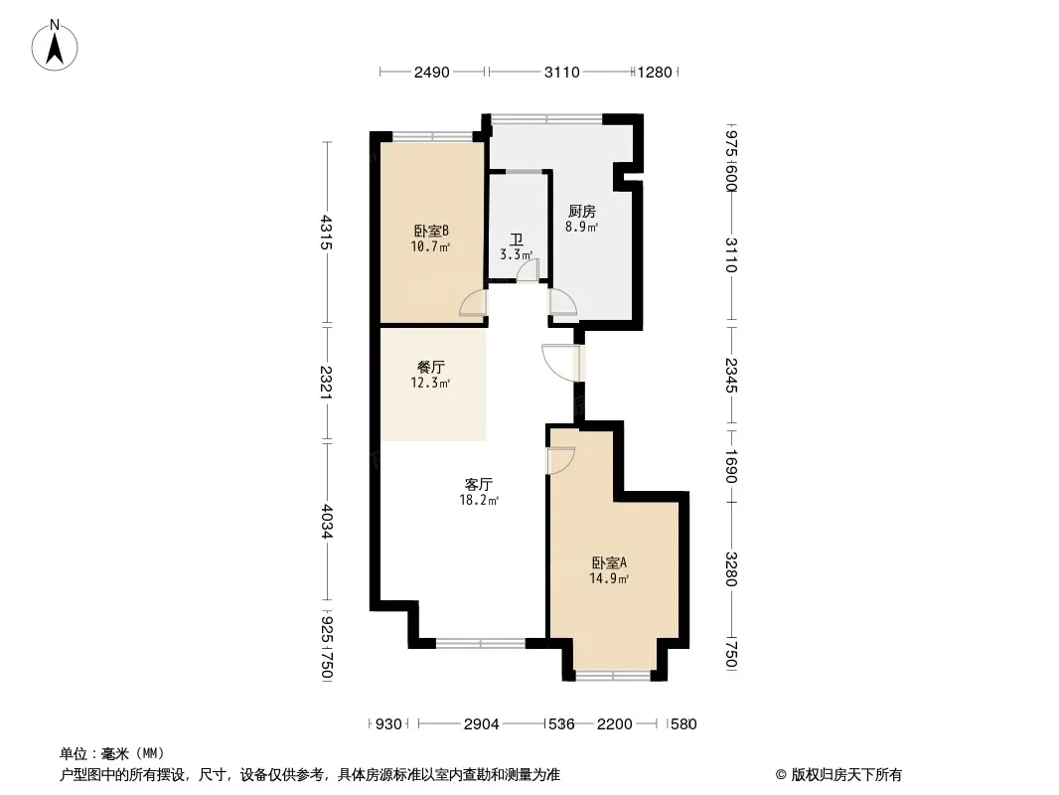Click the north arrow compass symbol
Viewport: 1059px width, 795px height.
pos(55,46)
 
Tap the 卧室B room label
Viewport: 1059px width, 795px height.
pos(431,231)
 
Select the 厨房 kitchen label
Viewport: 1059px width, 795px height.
pos(581,212)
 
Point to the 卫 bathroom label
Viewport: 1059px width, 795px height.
pos(517,239)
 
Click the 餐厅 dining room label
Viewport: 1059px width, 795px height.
pos(431,368)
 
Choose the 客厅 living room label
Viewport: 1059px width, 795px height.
pos(478,484)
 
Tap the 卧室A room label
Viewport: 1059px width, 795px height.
pos(609,562)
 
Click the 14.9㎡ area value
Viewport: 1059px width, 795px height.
pos(609,578)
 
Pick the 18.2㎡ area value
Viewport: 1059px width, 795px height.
pos(479,501)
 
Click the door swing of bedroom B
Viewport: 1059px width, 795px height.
pos(472,303)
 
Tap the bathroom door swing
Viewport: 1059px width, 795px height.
pos(528,271)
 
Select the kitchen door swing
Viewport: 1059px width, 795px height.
pos(563,302)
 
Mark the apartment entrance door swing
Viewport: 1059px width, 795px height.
pos(560,364)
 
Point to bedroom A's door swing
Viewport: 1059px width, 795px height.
pos(560,460)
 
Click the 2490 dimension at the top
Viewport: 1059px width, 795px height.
pos(431,73)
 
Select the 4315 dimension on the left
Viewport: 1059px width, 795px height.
pos(326,233)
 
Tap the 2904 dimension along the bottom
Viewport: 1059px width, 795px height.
pos(482,724)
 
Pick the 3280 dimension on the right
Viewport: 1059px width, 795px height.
pos(731,568)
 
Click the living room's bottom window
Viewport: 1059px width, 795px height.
pos(480,643)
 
